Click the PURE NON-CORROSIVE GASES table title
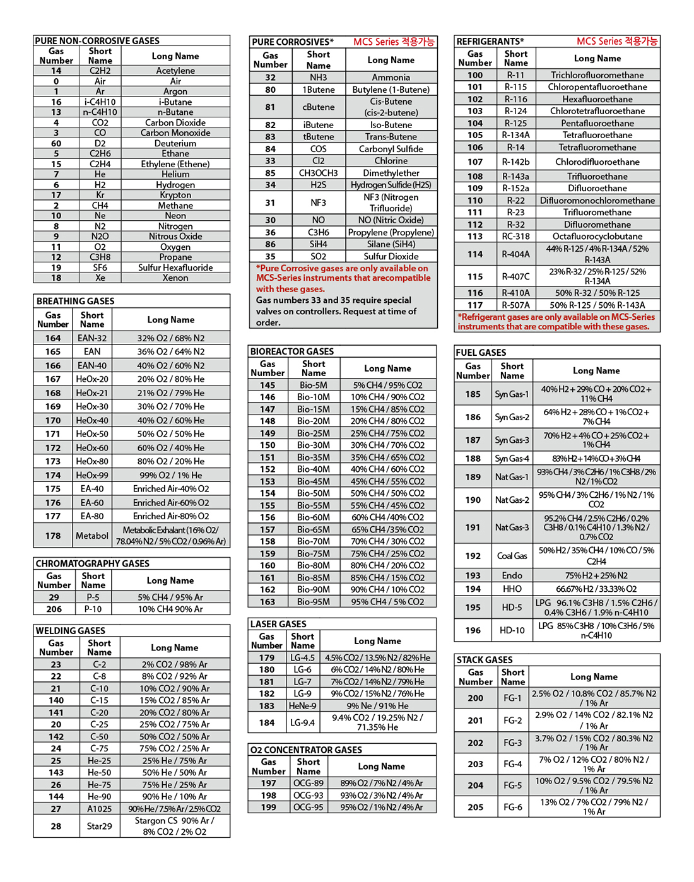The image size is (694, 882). pyautogui.click(x=97, y=40)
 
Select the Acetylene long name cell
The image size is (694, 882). pyautogui.click(x=175, y=71)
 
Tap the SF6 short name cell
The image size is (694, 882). pyautogui.click(x=100, y=268)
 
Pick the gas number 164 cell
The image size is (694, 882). pyautogui.click(x=53, y=338)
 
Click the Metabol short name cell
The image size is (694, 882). pyautogui.click(x=92, y=536)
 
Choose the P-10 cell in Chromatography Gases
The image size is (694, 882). pyautogui.click(x=93, y=609)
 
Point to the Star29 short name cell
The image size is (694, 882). pyautogui.click(x=100, y=826)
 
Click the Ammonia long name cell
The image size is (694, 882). pyautogui.click(x=391, y=77)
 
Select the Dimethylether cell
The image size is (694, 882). pyautogui.click(x=391, y=173)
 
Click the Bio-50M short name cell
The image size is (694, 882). pyautogui.click(x=314, y=493)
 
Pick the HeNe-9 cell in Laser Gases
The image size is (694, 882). pyautogui.click(x=303, y=706)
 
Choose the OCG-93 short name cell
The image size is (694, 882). pyautogui.click(x=309, y=796)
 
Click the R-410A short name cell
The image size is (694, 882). pyautogui.click(x=516, y=293)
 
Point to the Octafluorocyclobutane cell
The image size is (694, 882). pyautogui.click(x=597, y=237)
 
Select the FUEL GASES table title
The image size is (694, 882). pyautogui.click(x=481, y=353)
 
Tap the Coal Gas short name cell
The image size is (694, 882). pyautogui.click(x=512, y=556)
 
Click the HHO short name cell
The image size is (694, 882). pyautogui.click(x=512, y=589)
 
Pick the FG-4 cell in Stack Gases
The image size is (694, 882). pyautogui.click(x=512, y=764)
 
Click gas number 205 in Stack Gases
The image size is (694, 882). pyautogui.click(x=475, y=807)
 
